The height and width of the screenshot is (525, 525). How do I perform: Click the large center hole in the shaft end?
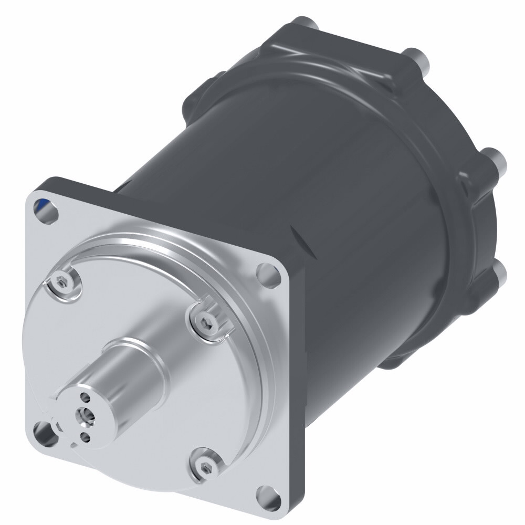pyautogui.click(x=83, y=416)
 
